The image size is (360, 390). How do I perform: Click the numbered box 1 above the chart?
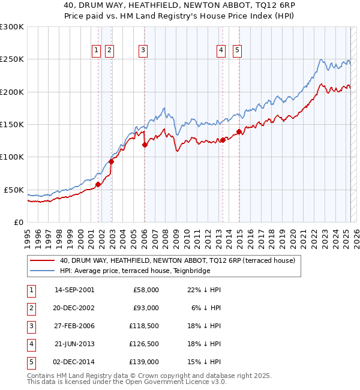coord(96,51)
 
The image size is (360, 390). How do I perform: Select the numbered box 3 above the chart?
coord(143,51)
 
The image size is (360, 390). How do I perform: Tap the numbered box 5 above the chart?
coord(238,51)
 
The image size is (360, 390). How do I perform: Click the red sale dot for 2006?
coord(145,145)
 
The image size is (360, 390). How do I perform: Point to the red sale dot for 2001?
coord(98,184)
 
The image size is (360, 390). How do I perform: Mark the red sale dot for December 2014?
coord(239,131)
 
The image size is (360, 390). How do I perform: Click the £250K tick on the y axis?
coord(12,59)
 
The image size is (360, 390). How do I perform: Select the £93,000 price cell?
coord(146,308)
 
